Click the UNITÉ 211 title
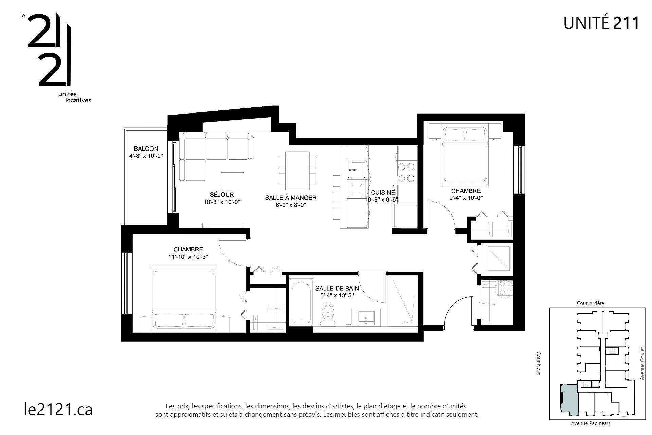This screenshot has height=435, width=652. point(601,23)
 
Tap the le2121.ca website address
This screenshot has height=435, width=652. point(58,410)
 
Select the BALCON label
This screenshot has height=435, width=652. point(146,149)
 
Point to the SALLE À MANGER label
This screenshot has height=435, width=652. point(291,198)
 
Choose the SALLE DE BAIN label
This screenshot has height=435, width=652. point(337,288)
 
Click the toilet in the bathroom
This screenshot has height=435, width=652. point(328,315)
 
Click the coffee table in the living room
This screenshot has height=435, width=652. point(233,180)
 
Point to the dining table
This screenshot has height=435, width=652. point(297,171)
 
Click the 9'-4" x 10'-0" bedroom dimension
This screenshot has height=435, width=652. point(466,198)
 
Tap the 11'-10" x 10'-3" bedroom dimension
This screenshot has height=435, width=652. point(188,257)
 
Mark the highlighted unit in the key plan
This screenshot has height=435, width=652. point(569,400)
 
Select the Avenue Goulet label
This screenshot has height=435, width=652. point(642,363)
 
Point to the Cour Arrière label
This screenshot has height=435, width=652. point(591,303)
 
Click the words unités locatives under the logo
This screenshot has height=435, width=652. point(75,97)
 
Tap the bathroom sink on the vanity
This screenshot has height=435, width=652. point(366,316)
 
